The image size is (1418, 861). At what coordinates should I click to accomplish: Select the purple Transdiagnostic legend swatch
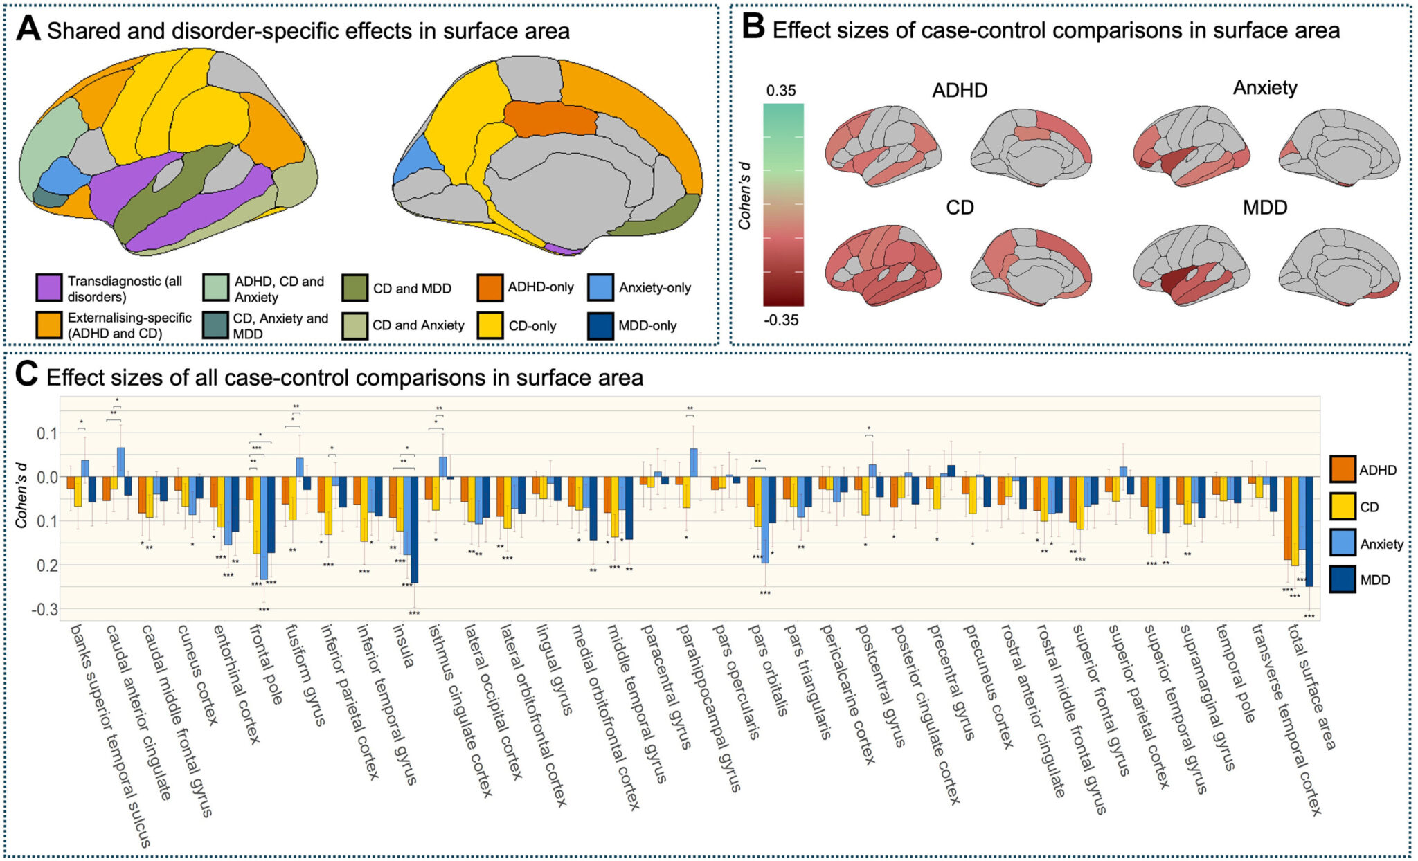coord(48,287)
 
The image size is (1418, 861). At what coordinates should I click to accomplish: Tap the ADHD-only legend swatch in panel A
coord(490,287)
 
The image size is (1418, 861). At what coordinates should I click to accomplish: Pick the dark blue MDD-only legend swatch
coord(600,325)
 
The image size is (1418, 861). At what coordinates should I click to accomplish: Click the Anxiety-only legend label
coord(654,287)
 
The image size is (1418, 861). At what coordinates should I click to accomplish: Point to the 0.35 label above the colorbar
coord(781,91)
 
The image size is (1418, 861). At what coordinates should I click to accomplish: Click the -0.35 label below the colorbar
coord(781,320)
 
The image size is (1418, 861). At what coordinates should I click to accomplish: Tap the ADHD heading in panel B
coord(960,91)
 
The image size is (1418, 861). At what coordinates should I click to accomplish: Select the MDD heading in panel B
coord(1264,207)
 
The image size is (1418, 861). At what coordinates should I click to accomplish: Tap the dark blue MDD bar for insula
coord(414,529)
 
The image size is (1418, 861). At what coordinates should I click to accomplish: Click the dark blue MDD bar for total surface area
coord(1309,532)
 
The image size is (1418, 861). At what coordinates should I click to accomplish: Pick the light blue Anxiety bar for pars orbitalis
coord(765,520)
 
